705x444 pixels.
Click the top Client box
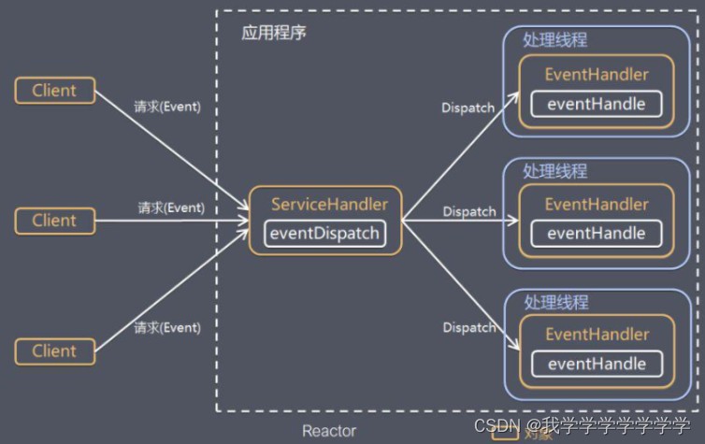(54, 91)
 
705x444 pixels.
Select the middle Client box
(54, 221)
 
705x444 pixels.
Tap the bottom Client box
(54, 351)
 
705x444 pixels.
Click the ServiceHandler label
(329, 204)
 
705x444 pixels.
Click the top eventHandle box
(596, 104)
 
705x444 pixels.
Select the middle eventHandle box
(596, 234)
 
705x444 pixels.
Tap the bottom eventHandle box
(596, 364)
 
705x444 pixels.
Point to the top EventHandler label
(597, 74)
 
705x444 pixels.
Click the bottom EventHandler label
(597, 334)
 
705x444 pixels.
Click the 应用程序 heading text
(274, 33)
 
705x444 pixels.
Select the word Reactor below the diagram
(328, 431)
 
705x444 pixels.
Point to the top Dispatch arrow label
(468, 107)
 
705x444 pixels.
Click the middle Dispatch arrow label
(469, 211)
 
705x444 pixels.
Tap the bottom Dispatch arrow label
(469, 328)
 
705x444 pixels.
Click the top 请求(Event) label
(167, 107)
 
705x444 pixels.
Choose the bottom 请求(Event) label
(167, 328)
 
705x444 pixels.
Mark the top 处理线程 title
(554, 41)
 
